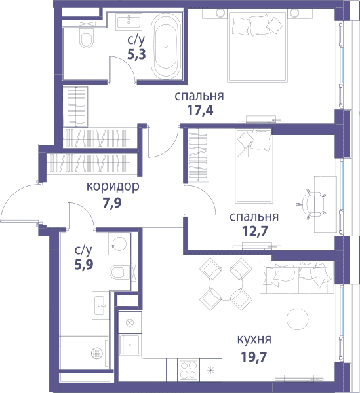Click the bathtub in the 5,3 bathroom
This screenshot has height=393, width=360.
166,46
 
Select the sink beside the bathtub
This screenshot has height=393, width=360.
129,21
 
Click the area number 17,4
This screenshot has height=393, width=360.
200,110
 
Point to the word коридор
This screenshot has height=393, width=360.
113,187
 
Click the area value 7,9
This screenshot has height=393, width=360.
112,203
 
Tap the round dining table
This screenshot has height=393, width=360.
226,284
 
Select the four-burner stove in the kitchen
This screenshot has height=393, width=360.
188,369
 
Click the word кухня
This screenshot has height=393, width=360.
254,339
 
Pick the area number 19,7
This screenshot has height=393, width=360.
254,357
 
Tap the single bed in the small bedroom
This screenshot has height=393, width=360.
253,166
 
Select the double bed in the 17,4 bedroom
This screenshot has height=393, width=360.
258,47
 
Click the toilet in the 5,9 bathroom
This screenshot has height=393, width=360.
119,272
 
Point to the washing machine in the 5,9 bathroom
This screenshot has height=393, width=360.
119,244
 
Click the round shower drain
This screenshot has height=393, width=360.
97,353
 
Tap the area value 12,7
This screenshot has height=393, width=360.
254,231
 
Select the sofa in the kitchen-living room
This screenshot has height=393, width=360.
297,278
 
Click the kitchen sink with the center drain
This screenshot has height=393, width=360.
129,345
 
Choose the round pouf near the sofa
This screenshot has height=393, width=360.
297,319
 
